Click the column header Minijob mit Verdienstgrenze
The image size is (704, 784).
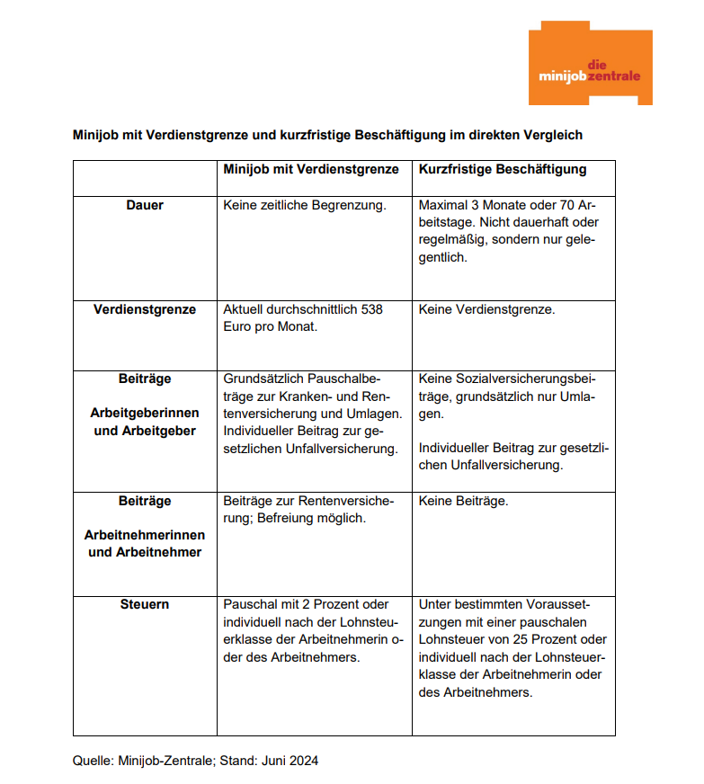310,169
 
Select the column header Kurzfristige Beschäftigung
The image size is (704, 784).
503,169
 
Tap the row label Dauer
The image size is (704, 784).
145,205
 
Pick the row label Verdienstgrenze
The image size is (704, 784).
145,309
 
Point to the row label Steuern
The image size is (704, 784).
145,604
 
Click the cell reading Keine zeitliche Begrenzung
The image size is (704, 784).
304,205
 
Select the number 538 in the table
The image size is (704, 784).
371,309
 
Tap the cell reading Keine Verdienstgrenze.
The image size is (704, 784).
486,309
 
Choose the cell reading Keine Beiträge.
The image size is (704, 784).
463,501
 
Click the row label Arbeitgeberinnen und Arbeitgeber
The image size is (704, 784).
145,422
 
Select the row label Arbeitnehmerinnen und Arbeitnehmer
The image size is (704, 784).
145,544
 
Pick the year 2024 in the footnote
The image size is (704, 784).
303,761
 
